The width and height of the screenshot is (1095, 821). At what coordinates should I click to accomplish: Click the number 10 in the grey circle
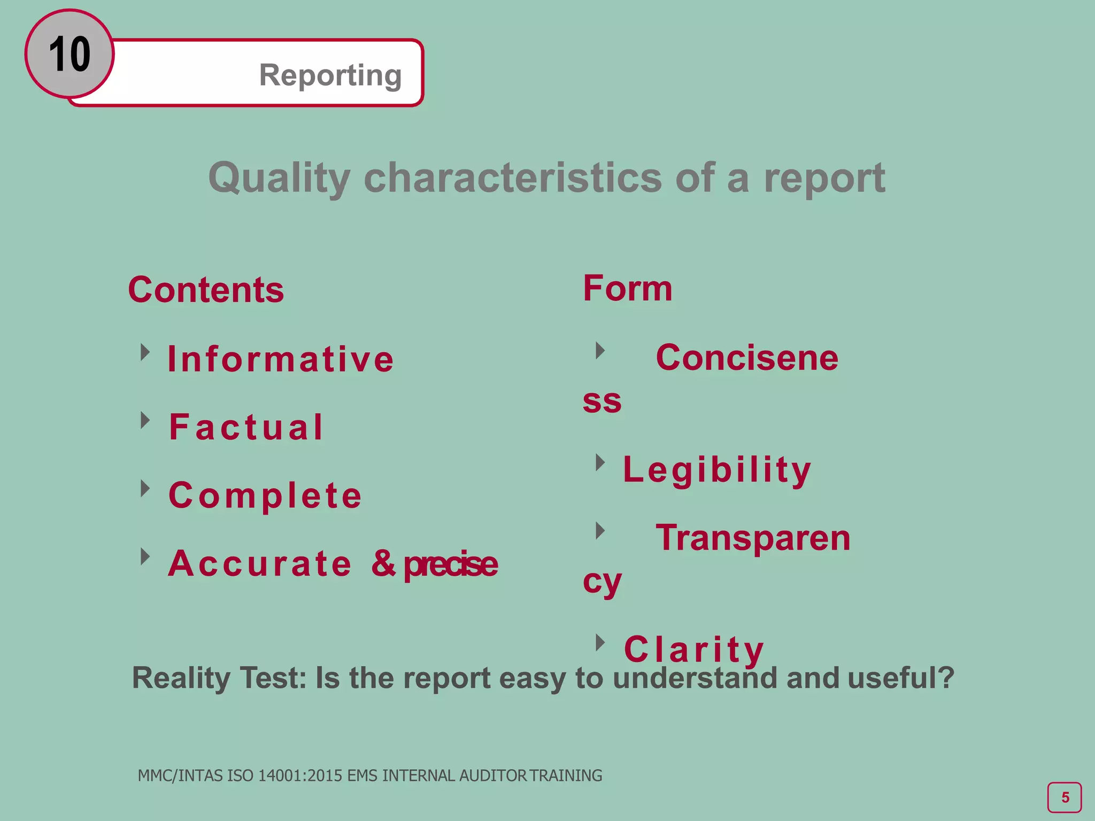coord(70,54)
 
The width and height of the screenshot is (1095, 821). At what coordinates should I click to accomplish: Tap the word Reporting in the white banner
coord(330,75)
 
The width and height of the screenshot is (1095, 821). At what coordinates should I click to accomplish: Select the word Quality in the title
coord(279,178)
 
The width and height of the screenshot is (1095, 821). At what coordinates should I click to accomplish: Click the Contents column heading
coord(206,290)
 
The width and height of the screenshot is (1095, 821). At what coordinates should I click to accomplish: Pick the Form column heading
coord(627,289)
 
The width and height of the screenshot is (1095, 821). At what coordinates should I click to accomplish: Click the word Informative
coord(281,359)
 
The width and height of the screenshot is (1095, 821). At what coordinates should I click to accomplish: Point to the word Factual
coord(246,427)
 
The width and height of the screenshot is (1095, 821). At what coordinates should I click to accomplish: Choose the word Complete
coord(265,495)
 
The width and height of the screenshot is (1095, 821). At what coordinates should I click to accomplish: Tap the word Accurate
coord(260,563)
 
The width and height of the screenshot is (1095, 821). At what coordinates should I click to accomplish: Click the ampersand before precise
coord(383,563)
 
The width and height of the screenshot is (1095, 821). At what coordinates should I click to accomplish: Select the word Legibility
coord(717,470)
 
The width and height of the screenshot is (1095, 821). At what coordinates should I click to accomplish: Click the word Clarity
coord(694,649)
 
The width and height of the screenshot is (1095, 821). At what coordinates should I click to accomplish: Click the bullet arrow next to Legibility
coord(600,462)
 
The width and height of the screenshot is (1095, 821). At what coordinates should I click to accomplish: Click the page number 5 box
coord(1064,797)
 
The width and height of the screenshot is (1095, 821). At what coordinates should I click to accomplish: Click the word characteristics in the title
coord(512,178)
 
